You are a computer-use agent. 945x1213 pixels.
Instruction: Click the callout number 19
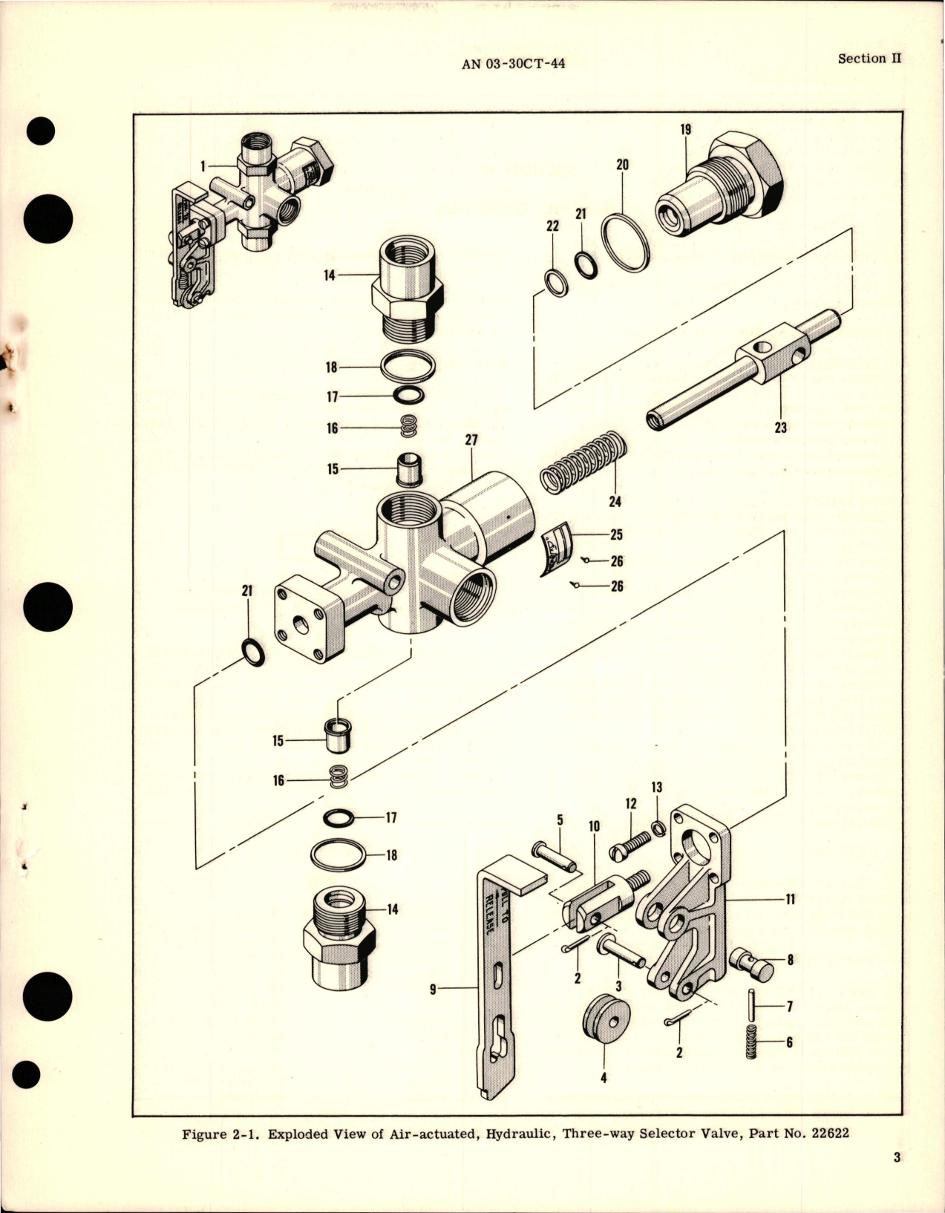(x=685, y=130)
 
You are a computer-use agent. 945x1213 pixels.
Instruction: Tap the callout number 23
(x=780, y=428)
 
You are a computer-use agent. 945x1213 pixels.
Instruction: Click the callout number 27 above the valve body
(x=471, y=440)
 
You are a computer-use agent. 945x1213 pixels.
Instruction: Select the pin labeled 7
(x=751, y=1005)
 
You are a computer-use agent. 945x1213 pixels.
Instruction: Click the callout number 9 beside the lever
(x=433, y=989)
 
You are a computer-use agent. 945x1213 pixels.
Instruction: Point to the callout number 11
(x=790, y=899)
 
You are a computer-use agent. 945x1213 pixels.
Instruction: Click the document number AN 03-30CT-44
(x=513, y=64)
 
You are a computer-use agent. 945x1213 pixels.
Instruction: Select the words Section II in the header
(x=869, y=59)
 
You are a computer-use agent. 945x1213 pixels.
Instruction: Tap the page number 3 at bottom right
(x=897, y=1178)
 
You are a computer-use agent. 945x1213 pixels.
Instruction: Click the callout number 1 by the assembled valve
(x=203, y=167)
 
